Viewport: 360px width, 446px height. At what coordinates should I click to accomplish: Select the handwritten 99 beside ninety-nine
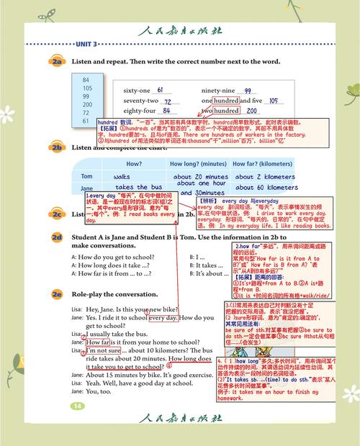point(248,91)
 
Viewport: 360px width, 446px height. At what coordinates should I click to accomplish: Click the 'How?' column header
point(124,163)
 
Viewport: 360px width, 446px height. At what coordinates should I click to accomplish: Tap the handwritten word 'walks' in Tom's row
point(122,176)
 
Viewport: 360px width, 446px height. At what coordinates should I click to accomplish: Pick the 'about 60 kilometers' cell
point(266,188)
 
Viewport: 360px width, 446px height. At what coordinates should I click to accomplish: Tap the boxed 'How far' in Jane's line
point(97,342)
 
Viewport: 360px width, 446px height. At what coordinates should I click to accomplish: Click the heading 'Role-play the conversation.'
point(117,295)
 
